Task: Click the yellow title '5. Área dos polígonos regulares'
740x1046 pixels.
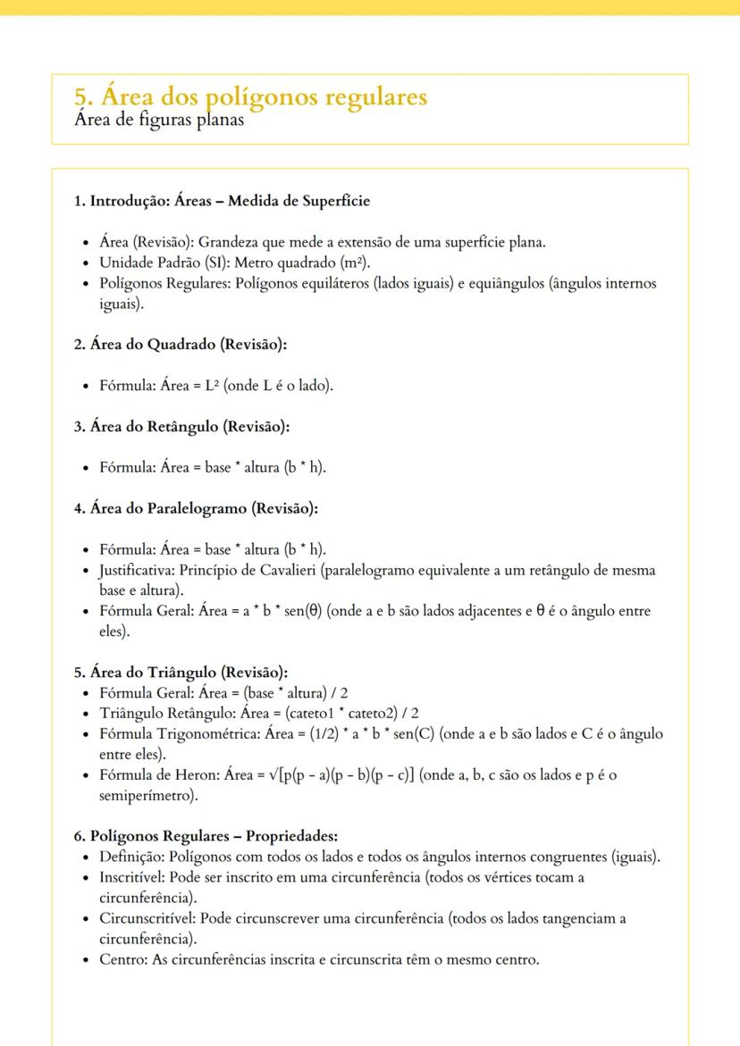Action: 251,96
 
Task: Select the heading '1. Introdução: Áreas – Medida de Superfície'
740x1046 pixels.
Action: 222,201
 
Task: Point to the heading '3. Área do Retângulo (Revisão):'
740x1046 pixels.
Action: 181,427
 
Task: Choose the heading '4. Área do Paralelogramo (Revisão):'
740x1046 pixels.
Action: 196,508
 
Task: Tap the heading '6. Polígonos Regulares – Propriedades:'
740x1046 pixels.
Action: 206,836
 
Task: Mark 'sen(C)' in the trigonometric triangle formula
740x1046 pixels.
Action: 470,733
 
